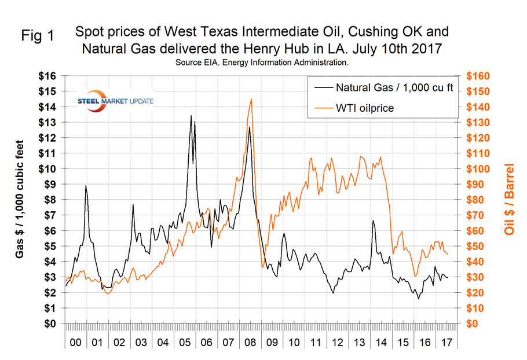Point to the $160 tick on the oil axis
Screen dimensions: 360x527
click(x=478, y=76)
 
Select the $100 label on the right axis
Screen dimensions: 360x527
click(x=478, y=169)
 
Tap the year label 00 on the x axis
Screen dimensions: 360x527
click(x=75, y=343)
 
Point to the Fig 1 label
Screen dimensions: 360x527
click(x=38, y=36)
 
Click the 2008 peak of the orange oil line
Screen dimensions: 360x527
click(x=251, y=99)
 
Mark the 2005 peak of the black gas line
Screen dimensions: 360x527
click(x=191, y=116)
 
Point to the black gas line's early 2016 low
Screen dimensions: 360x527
click(x=418, y=299)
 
